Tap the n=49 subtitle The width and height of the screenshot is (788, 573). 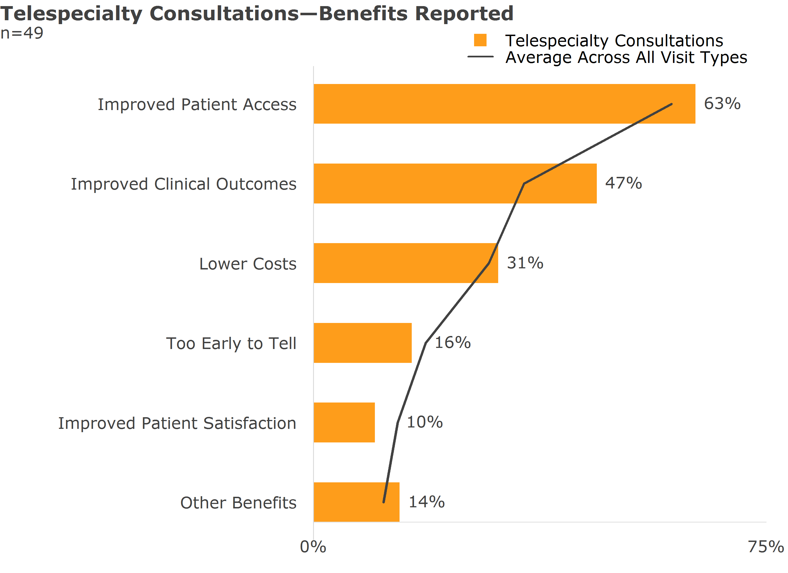click(x=22, y=33)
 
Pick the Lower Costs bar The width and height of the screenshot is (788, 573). click(x=400, y=263)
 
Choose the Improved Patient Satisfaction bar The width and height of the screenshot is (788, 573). click(x=344, y=422)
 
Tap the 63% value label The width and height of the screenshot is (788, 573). click(x=722, y=104)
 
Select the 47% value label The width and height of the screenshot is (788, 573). click(x=623, y=183)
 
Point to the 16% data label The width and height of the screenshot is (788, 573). click(x=453, y=342)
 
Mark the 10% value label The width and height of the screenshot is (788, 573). click(x=424, y=422)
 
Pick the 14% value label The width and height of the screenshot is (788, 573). click(x=426, y=502)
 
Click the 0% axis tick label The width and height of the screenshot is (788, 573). click(x=313, y=547)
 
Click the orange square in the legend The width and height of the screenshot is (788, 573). click(x=480, y=40)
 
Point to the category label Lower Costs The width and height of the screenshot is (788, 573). click(x=248, y=264)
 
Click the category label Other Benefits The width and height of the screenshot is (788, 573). click(x=238, y=503)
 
